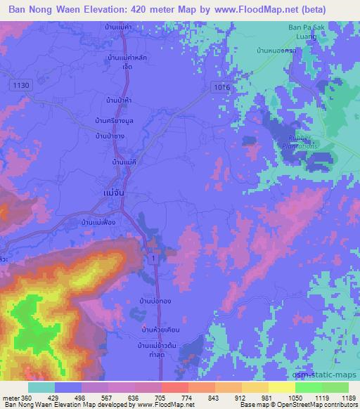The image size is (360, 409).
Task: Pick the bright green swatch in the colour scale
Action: coord(309,387)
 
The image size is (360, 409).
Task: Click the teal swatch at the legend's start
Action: coord(41,387)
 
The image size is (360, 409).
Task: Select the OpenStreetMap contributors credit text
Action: coord(317,405)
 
